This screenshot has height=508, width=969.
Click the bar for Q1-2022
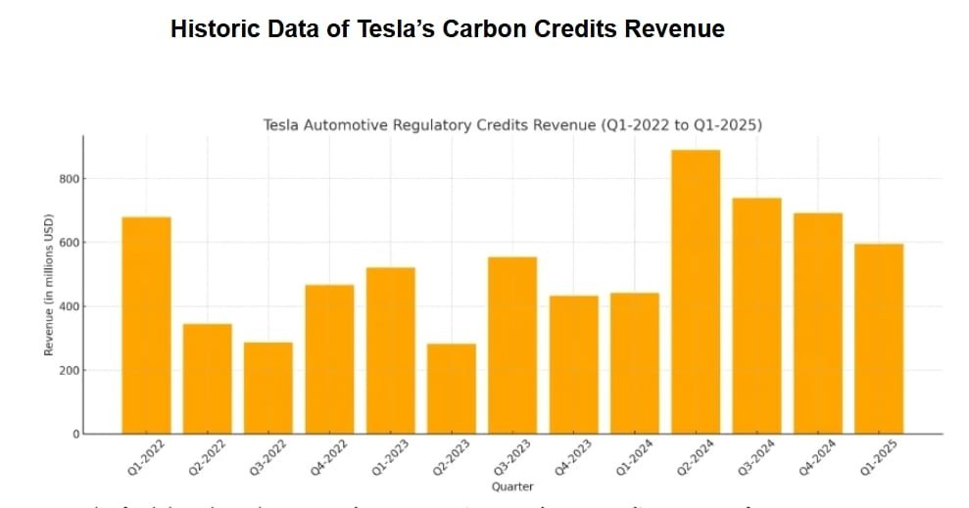click(x=146, y=325)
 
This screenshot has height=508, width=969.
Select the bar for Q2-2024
click(x=696, y=292)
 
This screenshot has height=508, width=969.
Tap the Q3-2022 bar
click(x=268, y=388)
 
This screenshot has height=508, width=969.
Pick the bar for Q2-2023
click(x=452, y=389)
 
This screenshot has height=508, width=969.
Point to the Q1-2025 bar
click(x=879, y=339)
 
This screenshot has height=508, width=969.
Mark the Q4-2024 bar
click(x=818, y=323)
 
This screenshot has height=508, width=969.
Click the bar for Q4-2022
click(x=329, y=359)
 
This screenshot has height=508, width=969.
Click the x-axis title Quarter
click(x=512, y=486)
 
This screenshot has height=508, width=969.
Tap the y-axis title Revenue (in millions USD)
click(x=49, y=285)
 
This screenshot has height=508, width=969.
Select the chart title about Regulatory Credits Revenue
click(x=512, y=125)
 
